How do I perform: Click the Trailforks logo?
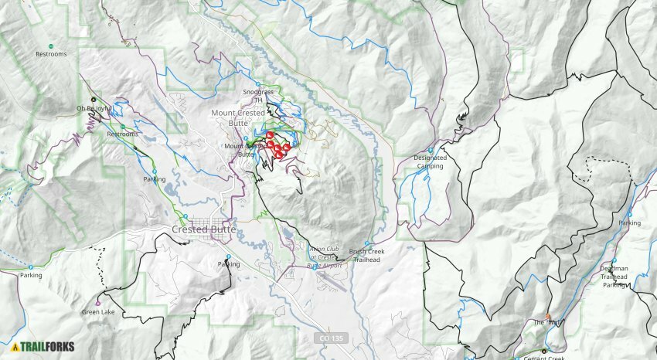click(x=43, y=347)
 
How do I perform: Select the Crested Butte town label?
click(x=201, y=229)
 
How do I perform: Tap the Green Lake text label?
click(x=99, y=312)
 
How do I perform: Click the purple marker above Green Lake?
click(x=98, y=302)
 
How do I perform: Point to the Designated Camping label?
click(x=430, y=161)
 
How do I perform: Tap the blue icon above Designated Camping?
click(x=430, y=149)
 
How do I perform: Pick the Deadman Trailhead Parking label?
click(x=614, y=277)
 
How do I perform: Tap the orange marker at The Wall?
click(x=549, y=316)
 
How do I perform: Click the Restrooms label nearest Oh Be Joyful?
click(x=122, y=134)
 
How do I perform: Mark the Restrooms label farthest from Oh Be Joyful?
click(x=52, y=54)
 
